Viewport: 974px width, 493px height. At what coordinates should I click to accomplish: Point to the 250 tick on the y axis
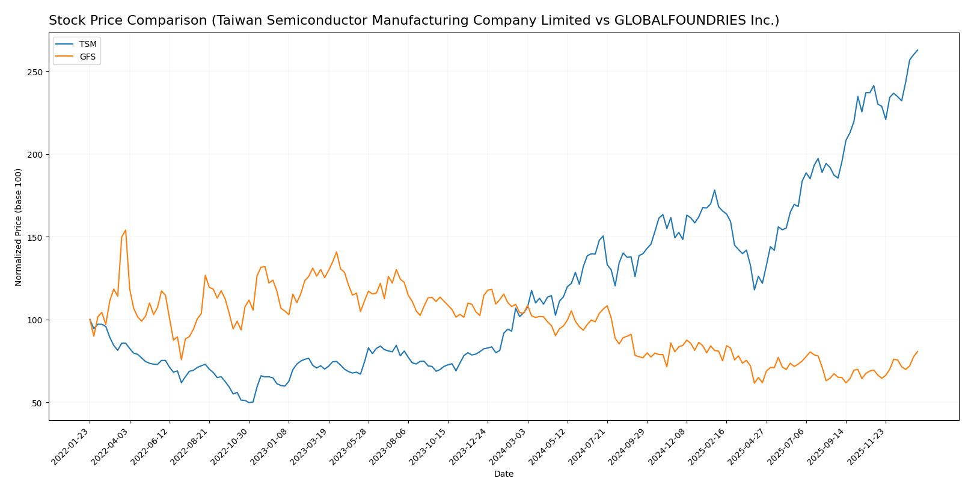(x=37, y=72)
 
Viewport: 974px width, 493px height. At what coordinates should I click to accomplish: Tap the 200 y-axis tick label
(x=37, y=155)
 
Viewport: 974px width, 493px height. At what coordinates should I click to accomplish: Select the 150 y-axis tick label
(x=37, y=237)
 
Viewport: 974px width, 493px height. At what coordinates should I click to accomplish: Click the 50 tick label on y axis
(x=39, y=403)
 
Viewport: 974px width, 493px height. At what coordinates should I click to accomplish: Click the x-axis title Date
(x=503, y=474)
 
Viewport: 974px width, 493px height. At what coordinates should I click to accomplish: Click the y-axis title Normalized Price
(x=19, y=227)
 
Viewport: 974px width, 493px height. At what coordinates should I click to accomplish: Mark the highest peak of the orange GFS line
(x=125, y=230)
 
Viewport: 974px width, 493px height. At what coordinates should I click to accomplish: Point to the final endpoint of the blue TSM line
(x=917, y=50)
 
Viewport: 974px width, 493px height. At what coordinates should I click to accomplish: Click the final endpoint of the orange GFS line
(x=917, y=352)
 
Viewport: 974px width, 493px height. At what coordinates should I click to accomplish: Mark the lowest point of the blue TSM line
(x=249, y=402)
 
